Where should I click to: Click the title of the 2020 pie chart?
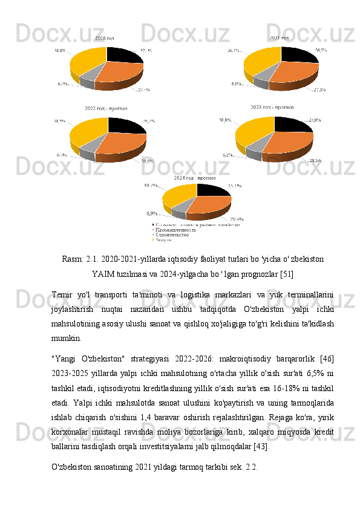105,39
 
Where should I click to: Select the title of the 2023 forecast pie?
272,107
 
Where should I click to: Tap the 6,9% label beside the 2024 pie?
152,213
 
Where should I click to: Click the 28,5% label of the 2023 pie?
315,161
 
